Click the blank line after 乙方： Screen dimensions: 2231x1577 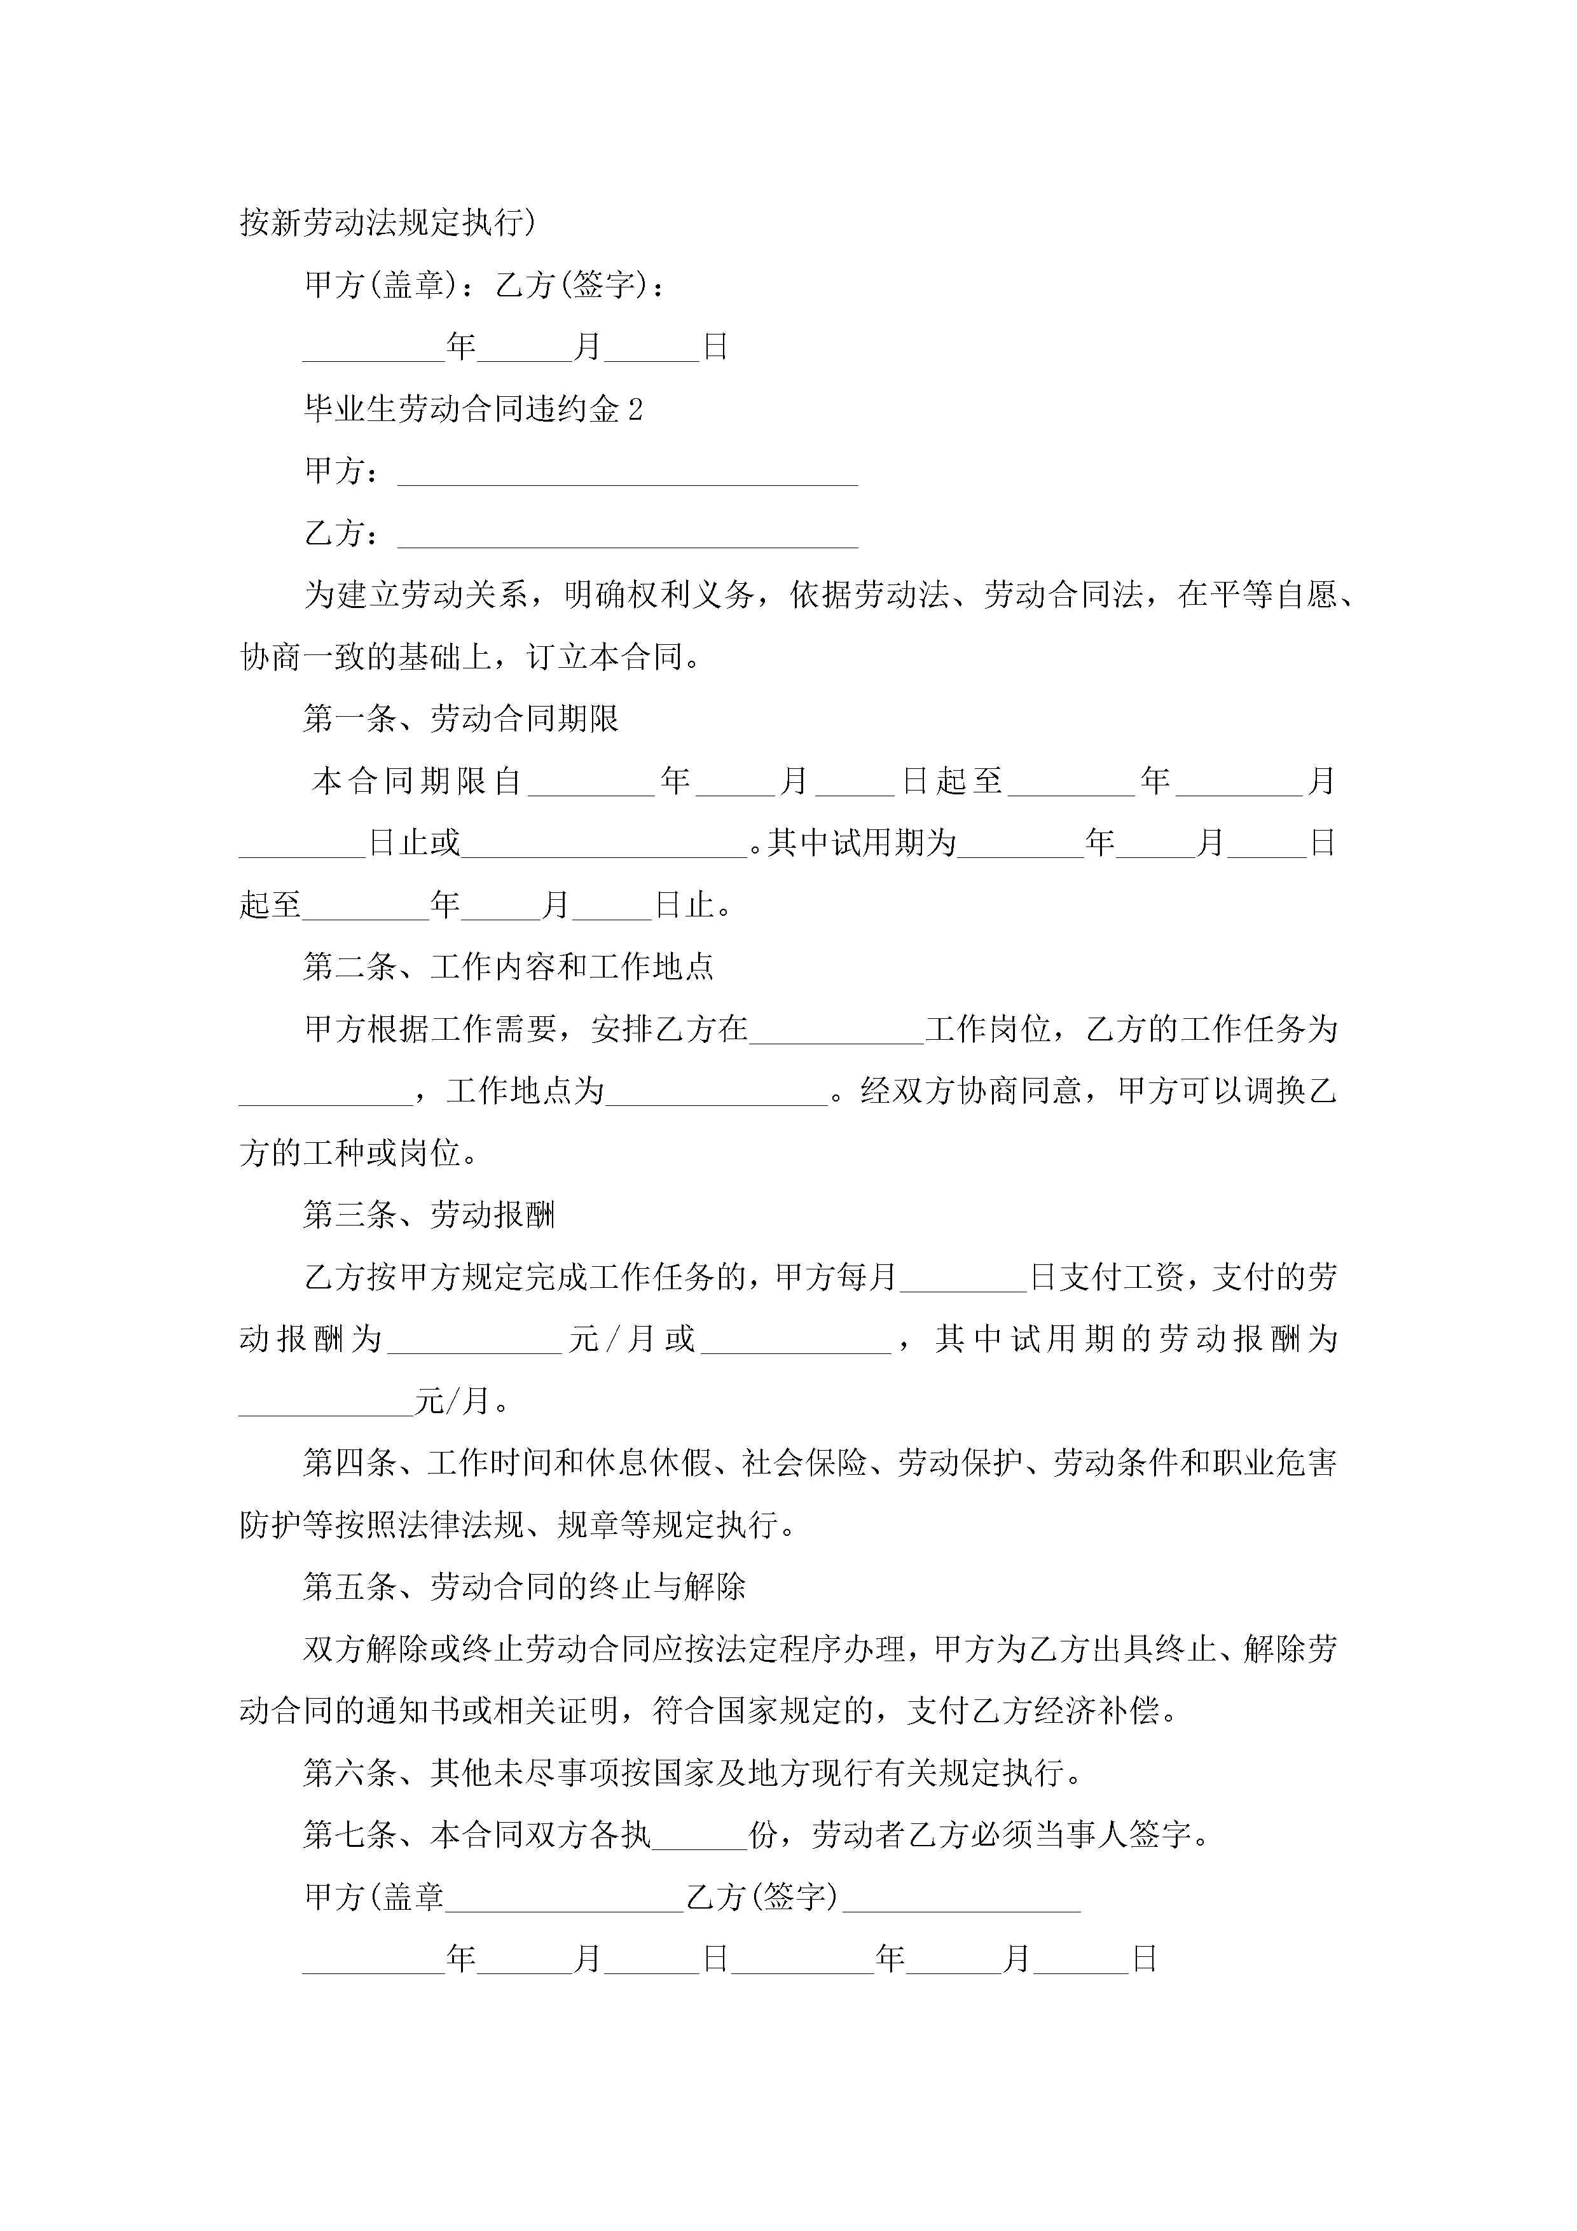tap(628, 535)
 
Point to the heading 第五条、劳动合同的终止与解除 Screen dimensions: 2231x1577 tap(524, 1587)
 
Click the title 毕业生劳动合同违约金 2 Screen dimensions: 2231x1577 tap(473, 409)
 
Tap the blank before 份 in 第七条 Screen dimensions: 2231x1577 tap(699, 1835)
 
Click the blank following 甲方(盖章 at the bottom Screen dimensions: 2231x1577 tap(565, 1898)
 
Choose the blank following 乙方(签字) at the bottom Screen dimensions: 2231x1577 tap(961, 1898)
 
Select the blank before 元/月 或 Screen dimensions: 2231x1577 tap(475, 1341)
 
